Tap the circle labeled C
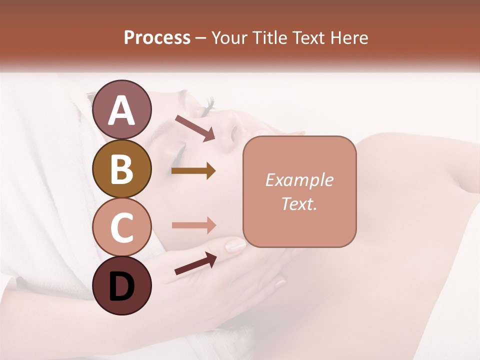[121, 227]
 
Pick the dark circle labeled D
[121, 285]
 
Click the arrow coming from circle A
[195, 128]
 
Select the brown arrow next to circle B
[193, 171]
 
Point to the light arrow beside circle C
[193, 225]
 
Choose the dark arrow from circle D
[195, 263]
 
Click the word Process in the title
[157, 37]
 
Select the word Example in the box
[299, 180]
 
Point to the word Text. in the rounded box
[299, 203]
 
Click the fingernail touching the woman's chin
[235, 245]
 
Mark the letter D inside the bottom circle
[121, 286]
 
